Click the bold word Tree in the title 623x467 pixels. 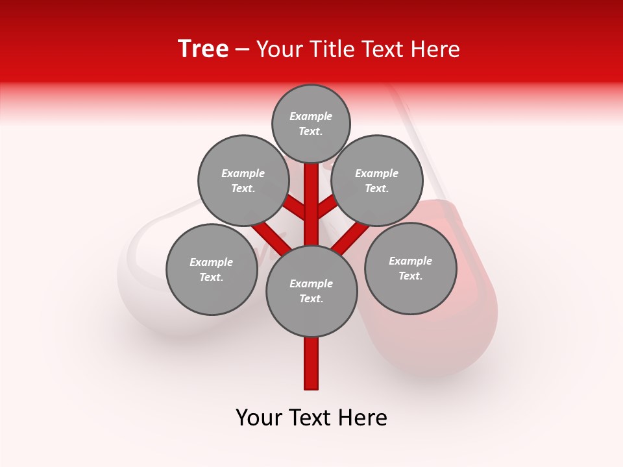(x=203, y=49)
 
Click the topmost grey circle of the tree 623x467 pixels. (x=311, y=123)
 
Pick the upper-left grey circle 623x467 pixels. (x=243, y=180)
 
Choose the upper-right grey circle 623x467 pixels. (x=377, y=180)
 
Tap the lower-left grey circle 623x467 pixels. (x=212, y=269)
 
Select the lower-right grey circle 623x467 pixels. (x=410, y=268)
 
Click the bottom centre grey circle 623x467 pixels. (x=311, y=291)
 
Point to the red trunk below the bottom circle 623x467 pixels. (x=311, y=363)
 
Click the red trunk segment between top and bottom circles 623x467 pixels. (x=311, y=204)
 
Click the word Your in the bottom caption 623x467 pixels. (x=259, y=418)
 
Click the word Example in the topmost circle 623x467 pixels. (x=311, y=116)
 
